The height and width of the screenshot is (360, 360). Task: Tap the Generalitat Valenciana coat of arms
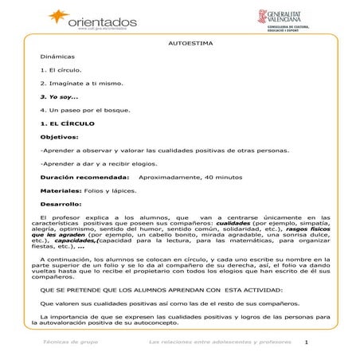coord(263,18)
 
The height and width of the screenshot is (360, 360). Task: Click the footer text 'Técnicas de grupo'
coord(70,342)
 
